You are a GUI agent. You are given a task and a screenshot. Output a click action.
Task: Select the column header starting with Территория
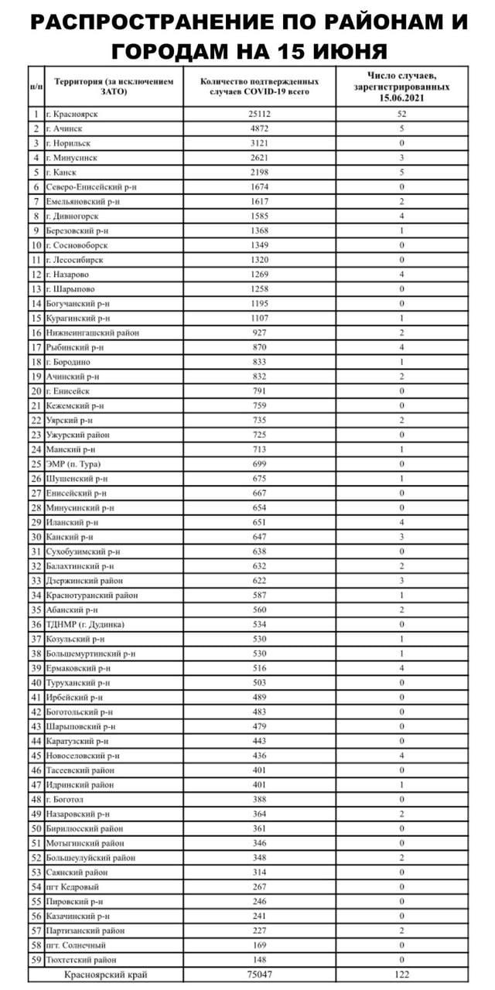pos(113,86)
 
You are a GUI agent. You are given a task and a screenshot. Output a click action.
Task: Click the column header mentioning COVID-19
pos(260,86)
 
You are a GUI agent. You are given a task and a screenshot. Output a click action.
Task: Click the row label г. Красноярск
pos(76,114)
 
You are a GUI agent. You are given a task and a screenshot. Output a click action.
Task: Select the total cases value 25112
pos(260,114)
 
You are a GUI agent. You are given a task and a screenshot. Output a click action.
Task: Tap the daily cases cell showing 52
pos(401,114)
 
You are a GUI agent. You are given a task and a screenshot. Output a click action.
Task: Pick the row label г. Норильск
pos(69,143)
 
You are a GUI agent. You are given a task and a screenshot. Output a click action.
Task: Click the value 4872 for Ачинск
pos(260,128)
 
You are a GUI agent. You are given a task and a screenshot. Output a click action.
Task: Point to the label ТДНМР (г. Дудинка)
pos(84,623)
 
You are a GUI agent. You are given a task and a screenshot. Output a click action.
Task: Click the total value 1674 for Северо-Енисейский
pos(260,186)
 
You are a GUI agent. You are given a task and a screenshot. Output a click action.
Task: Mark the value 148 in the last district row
pos(260,959)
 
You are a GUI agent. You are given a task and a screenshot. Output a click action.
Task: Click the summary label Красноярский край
pos(106,975)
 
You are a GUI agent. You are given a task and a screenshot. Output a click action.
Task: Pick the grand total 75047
pos(260,975)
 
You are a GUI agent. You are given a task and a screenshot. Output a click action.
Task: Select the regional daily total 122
pos(401,975)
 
